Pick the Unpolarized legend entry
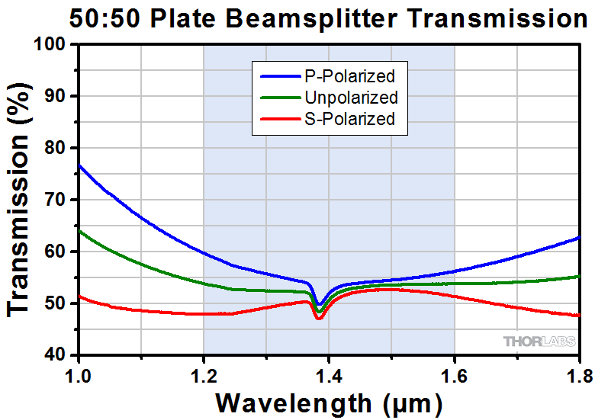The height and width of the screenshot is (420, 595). click(x=350, y=98)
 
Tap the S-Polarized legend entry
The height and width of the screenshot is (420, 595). click(x=349, y=119)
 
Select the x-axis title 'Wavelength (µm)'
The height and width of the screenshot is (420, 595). click(x=329, y=402)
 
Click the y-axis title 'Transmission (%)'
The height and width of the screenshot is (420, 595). click(x=20, y=200)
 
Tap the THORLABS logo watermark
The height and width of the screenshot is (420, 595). click(x=538, y=341)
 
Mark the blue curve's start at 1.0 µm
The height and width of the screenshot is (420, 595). click(x=79, y=165)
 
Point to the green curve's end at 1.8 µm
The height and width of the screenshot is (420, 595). click(x=579, y=276)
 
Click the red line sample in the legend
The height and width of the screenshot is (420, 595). click(x=279, y=119)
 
